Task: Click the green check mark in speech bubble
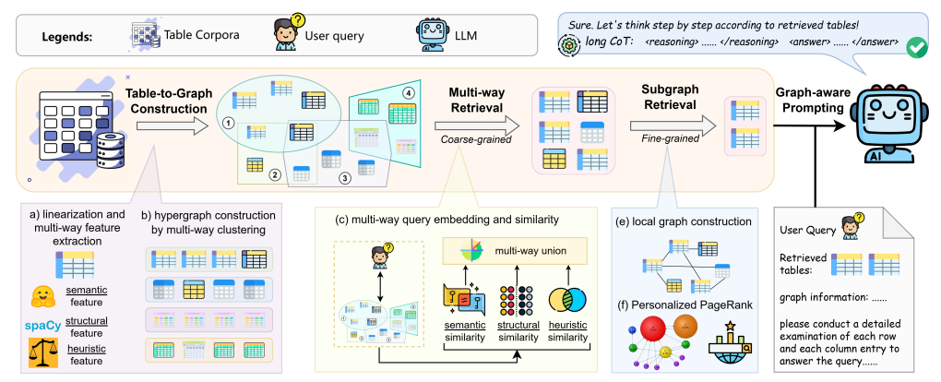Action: [x=918, y=45]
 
